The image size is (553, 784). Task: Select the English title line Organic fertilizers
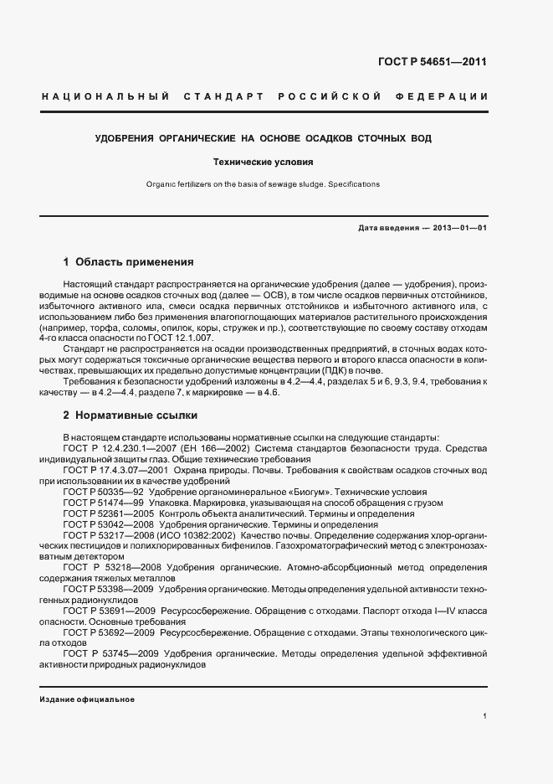[x=263, y=183]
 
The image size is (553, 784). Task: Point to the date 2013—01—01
[x=455, y=228]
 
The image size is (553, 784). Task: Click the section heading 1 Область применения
[x=129, y=261]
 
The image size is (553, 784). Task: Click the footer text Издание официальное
[x=87, y=699]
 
